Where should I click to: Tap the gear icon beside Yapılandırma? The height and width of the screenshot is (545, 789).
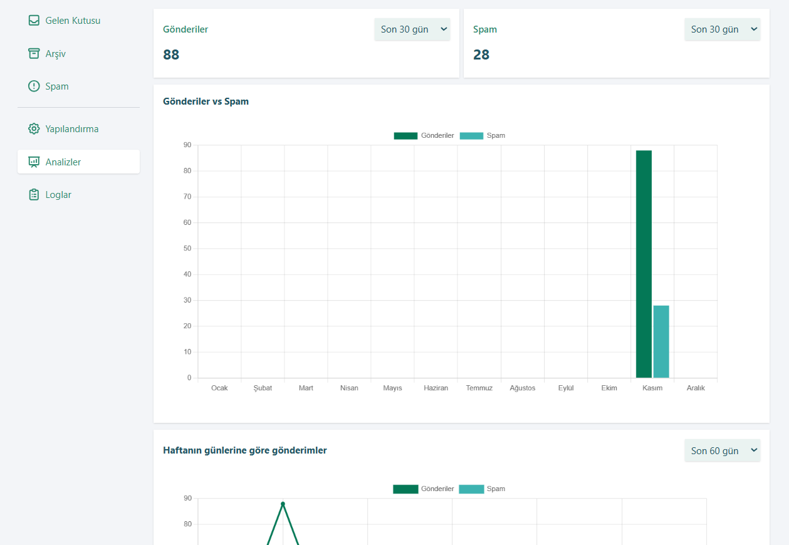(x=34, y=128)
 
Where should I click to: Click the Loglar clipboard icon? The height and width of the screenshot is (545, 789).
(x=34, y=194)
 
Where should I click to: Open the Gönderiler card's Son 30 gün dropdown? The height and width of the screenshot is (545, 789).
(x=412, y=29)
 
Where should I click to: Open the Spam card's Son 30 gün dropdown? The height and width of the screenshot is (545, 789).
(x=722, y=29)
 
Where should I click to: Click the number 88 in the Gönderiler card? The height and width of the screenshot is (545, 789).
(x=171, y=54)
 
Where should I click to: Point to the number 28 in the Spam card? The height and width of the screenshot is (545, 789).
(x=481, y=54)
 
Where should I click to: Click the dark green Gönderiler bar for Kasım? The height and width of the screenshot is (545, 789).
(x=644, y=264)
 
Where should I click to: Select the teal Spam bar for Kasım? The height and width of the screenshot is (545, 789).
(x=661, y=341)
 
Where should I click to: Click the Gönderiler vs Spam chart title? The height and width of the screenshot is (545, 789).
(x=206, y=101)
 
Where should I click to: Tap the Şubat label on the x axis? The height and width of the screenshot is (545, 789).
(x=263, y=388)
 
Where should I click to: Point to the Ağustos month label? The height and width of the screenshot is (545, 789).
(x=523, y=388)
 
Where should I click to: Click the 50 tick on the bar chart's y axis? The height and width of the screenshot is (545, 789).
(x=187, y=248)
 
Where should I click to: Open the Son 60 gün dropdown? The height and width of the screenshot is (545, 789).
(x=722, y=450)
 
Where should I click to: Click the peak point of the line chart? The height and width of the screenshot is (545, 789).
(x=283, y=504)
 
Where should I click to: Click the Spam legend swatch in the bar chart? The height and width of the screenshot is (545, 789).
(x=471, y=136)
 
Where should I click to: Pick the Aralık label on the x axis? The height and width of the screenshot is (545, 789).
(x=695, y=388)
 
